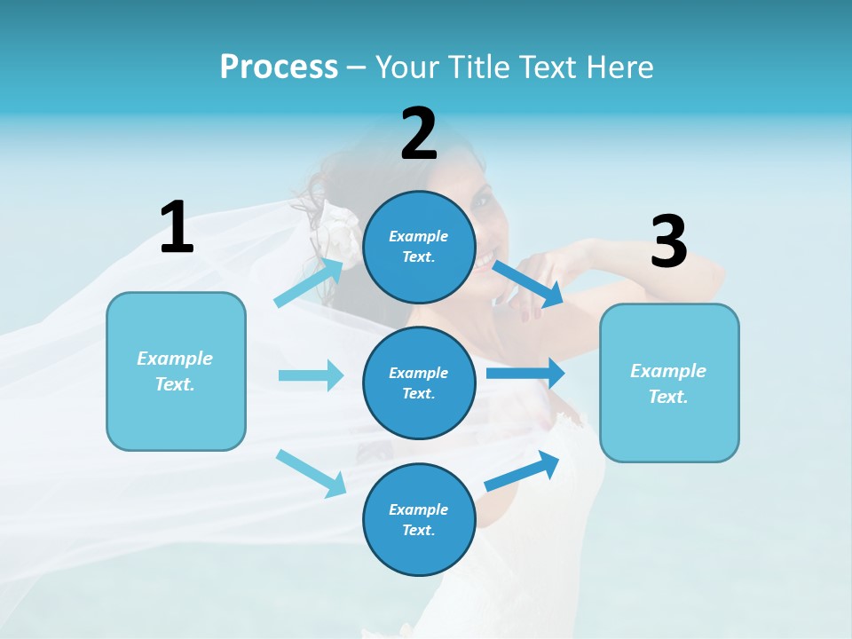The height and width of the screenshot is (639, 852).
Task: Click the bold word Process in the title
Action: pyautogui.click(x=279, y=67)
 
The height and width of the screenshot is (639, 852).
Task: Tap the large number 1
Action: pyautogui.click(x=177, y=227)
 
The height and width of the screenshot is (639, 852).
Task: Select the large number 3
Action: pyautogui.click(x=669, y=241)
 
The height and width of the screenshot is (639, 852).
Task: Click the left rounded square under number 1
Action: pyautogui.click(x=176, y=371)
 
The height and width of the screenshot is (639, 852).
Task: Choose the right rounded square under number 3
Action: pyautogui.click(x=669, y=383)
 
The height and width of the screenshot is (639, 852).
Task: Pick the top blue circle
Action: pyautogui.click(x=419, y=247)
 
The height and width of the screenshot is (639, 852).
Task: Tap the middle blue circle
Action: pyautogui.click(x=419, y=383)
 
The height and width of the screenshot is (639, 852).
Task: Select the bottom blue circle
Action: pyautogui.click(x=419, y=519)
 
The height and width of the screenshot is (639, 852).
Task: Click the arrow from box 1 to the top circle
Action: pyautogui.click(x=309, y=282)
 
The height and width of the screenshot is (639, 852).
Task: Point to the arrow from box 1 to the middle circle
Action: pyautogui.click(x=311, y=375)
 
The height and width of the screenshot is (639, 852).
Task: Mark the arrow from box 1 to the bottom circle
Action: pyautogui.click(x=312, y=472)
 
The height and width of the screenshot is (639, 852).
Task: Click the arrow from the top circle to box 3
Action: pyautogui.click(x=527, y=283)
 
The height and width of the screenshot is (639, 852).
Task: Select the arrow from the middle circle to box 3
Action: pyautogui.click(x=525, y=373)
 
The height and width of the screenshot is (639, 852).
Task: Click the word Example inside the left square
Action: pyautogui.click(x=175, y=359)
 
